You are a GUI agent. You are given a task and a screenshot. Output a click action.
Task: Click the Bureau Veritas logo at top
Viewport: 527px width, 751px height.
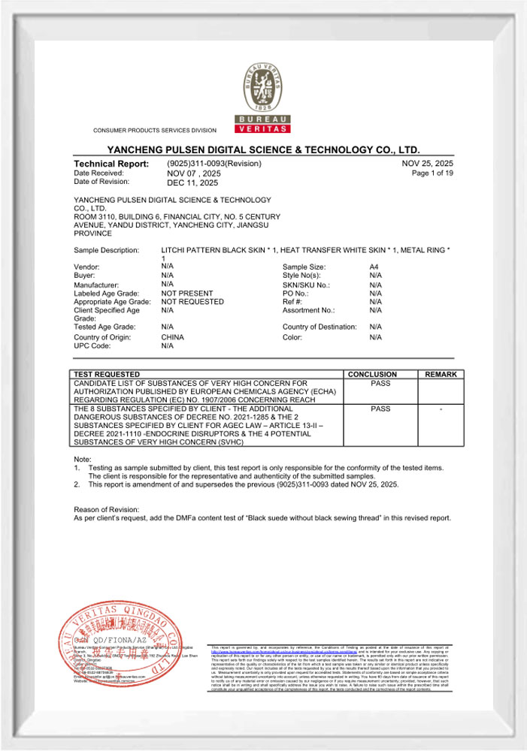pos(263,97)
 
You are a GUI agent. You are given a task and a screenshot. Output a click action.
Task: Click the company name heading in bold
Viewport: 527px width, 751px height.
pos(263,150)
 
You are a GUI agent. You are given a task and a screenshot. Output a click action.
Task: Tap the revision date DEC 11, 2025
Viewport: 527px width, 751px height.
pos(192,182)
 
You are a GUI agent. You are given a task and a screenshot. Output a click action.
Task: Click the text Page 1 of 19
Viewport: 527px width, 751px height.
pos(432,173)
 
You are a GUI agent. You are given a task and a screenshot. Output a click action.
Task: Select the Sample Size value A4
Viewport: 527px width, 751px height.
pos(374,267)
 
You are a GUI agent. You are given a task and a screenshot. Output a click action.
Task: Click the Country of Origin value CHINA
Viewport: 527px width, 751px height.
pos(173,337)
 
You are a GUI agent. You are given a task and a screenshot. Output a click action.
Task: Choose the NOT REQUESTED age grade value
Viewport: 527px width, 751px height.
pos(192,301)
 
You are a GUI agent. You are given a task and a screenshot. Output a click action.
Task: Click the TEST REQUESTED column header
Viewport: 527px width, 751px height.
pos(106,374)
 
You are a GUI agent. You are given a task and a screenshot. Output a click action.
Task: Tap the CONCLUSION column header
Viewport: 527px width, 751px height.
pos(372,374)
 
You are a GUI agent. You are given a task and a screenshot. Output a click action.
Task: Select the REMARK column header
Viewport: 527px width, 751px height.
pos(441,374)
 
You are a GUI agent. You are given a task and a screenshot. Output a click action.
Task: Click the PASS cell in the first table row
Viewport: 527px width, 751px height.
pos(380,383)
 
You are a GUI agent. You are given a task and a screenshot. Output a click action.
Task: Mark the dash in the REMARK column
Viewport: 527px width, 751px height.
pos(441,409)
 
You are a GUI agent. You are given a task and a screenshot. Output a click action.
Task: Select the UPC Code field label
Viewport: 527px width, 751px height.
pos(92,346)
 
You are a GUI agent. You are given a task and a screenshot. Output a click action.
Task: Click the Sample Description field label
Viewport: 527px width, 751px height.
pos(106,249)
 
